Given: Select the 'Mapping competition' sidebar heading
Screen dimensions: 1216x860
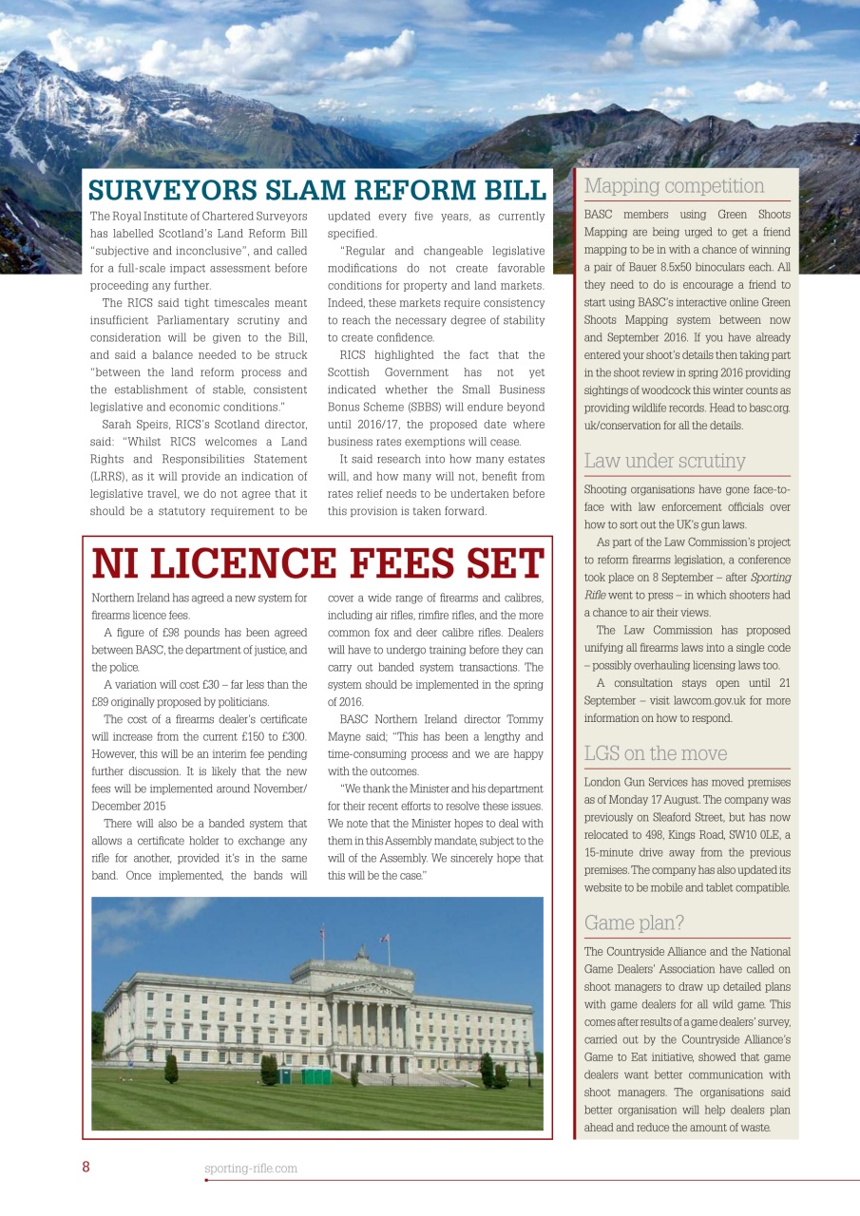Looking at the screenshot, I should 674,186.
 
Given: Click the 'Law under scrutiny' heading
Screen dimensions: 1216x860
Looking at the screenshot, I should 664,462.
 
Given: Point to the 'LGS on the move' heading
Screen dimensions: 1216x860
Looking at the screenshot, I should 655,754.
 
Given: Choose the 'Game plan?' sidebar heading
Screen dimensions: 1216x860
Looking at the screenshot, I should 634,922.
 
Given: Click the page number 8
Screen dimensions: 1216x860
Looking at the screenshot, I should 86,1168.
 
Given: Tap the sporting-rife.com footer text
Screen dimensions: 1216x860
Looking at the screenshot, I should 251,1168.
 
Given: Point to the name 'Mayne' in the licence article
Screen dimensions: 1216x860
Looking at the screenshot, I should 349,736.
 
